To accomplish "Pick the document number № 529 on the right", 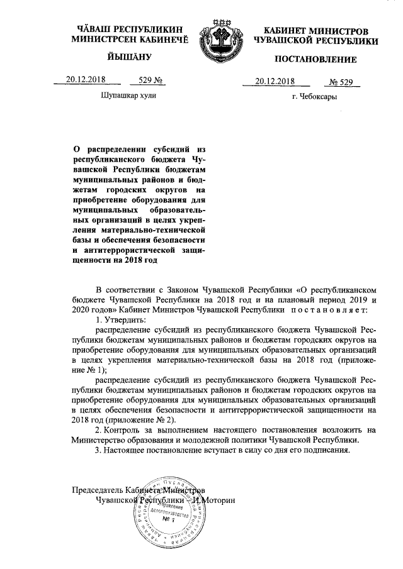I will pos(344,80).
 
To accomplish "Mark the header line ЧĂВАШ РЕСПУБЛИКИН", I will pos(125,30).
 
